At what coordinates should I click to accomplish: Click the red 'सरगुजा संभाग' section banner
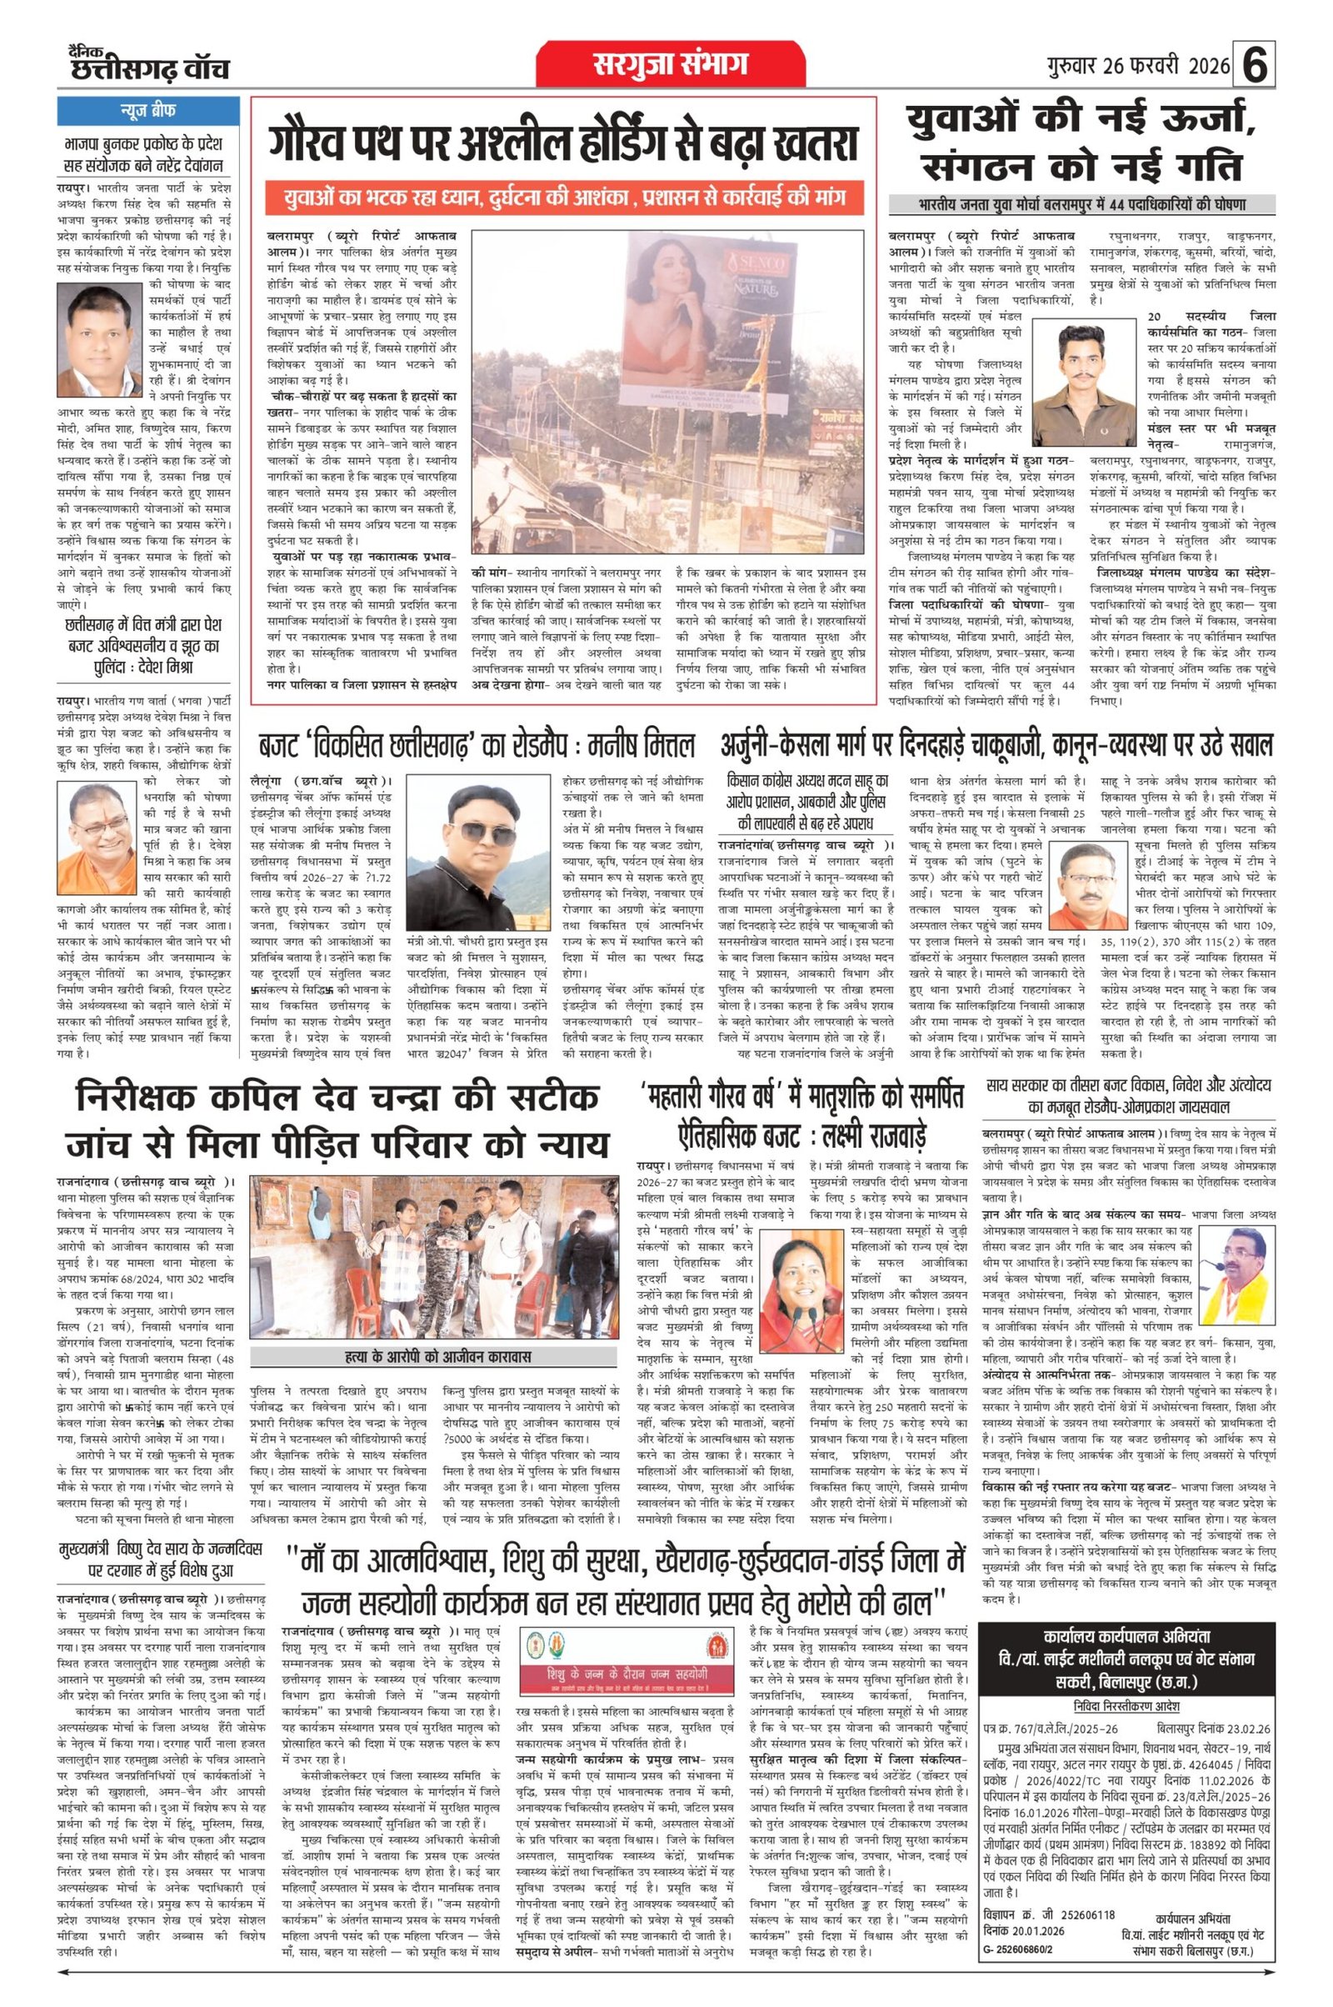[670, 64]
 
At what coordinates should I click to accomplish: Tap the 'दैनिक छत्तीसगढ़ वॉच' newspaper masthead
[149, 64]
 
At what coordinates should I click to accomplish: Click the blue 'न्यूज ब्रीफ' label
[149, 112]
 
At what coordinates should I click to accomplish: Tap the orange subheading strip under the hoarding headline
[562, 199]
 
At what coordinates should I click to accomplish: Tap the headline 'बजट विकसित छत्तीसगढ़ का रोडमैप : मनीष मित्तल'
[477, 747]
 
